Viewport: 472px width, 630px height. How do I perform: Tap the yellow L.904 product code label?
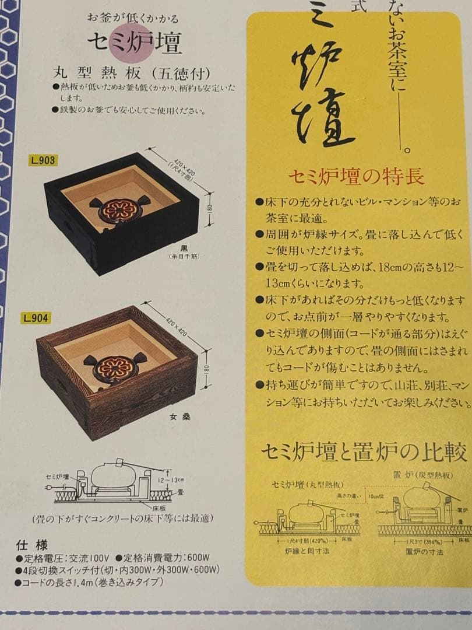coord(36,318)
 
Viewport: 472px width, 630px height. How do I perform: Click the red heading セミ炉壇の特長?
coord(356,177)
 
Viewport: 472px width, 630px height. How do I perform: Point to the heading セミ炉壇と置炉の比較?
coord(364,452)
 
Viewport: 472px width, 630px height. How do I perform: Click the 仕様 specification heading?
coord(31,545)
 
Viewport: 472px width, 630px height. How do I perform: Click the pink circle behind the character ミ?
coord(131,42)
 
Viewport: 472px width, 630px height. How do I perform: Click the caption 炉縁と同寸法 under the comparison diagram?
coord(303,551)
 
